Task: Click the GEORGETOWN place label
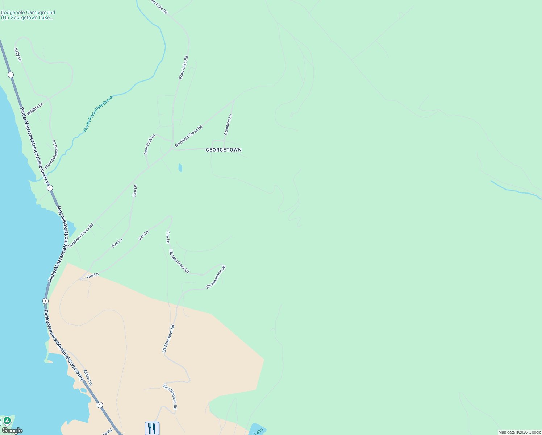pos(224,150)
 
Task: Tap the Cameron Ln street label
pos(228,125)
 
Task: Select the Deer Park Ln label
pos(150,145)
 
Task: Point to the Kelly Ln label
pos(18,55)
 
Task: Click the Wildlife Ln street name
pos(35,109)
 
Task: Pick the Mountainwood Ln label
pos(51,154)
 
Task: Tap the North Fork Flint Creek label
pos(98,113)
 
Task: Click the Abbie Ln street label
pos(88,377)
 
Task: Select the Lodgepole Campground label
pos(28,15)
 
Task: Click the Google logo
pos(12,431)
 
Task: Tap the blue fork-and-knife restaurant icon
pos(152,428)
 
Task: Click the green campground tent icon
pos(7,421)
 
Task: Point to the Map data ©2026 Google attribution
pos(520,432)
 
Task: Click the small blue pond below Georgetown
pos(180,168)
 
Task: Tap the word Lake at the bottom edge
pos(258,431)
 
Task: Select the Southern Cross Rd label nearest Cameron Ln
pos(188,136)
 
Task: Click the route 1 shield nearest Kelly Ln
pos(11,75)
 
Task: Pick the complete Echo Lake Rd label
pos(184,67)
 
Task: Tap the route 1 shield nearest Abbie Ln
pos(100,405)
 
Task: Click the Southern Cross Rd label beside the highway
pos(81,235)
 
